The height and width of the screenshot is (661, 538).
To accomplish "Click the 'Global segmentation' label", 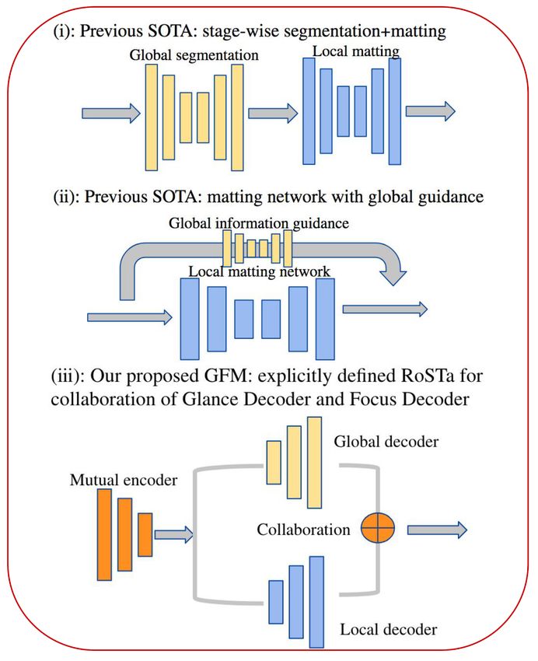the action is click(194, 55).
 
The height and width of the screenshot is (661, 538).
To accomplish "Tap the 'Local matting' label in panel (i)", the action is click(355, 51).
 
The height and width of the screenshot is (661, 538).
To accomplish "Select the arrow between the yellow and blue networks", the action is click(273, 113).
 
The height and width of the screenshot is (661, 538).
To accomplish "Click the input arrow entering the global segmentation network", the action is click(111, 113).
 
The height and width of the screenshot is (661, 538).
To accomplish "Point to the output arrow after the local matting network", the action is click(430, 111).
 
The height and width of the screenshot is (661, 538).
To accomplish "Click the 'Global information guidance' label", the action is click(259, 223).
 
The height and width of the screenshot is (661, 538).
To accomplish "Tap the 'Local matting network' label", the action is click(259, 271).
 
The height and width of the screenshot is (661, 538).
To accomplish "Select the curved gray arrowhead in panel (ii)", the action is click(393, 274).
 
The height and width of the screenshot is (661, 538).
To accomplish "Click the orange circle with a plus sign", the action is click(378, 528).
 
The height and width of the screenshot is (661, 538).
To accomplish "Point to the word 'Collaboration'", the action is click(303, 530).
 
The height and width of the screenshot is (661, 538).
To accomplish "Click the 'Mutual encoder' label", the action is click(124, 480).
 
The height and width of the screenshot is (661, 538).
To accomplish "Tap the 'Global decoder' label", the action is click(386, 442).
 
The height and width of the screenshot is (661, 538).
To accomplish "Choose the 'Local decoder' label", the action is click(389, 629).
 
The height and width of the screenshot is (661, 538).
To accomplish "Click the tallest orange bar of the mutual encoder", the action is click(104, 534).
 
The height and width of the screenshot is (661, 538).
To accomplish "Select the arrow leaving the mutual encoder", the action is click(173, 535).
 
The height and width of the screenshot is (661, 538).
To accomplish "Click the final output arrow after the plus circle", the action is click(437, 530).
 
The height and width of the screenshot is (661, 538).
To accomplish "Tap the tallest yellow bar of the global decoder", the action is click(314, 463).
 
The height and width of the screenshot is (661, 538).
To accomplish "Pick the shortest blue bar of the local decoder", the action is click(276, 602).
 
